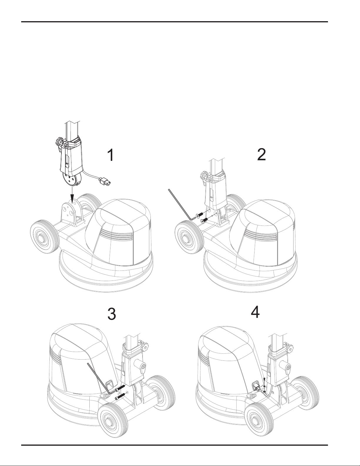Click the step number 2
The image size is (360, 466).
pos(262,155)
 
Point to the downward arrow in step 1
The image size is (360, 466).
pos(72,195)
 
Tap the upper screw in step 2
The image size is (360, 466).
pos(200,215)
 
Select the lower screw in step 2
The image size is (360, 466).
pos(204,220)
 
